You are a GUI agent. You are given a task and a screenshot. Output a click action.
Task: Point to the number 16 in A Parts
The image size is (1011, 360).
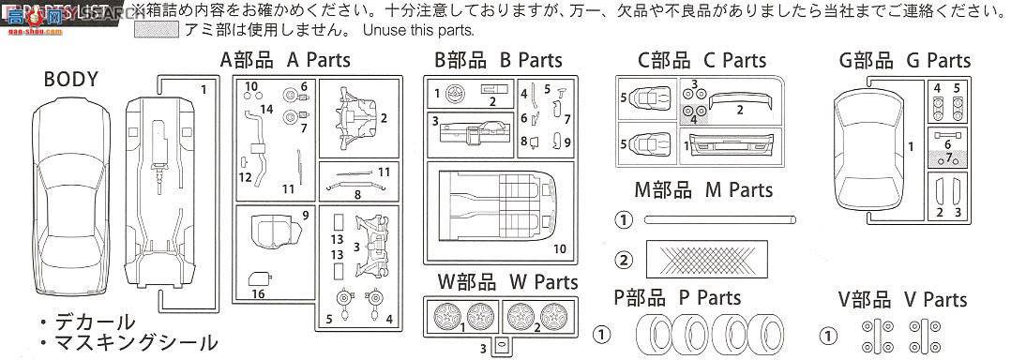pos(258,293)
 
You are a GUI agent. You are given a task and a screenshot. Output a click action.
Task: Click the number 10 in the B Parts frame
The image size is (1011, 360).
pos(559,248)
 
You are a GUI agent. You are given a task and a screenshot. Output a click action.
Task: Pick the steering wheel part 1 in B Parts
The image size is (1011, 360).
pos(456,93)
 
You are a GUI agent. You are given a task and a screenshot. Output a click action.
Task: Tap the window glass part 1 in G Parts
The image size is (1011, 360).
pos(874,145)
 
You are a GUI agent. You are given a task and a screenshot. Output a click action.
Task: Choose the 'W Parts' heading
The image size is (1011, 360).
pos(498,280)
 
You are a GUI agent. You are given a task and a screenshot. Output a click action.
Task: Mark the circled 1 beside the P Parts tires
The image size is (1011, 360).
pos(603,335)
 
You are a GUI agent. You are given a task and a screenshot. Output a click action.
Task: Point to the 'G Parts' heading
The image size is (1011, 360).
pos(905,61)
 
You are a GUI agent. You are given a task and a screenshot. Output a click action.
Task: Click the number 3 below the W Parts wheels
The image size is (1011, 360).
pos(482,350)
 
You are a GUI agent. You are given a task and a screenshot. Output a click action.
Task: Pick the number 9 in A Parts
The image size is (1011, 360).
pos(305,216)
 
